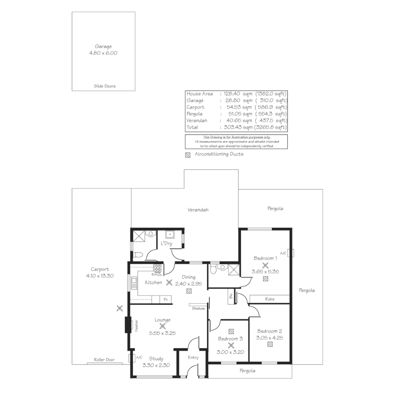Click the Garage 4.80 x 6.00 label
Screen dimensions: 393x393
click(x=103, y=50)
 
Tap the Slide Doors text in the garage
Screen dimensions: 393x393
click(x=104, y=86)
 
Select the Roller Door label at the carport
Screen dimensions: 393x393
click(x=104, y=360)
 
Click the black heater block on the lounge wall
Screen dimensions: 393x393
click(x=128, y=325)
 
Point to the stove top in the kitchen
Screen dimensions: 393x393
click(x=158, y=269)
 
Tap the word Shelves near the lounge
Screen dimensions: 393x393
click(x=198, y=309)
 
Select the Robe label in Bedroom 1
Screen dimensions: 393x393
click(x=270, y=299)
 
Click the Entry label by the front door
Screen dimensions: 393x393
click(x=193, y=358)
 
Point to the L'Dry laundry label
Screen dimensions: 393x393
click(x=166, y=243)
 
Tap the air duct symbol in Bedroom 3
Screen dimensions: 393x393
click(x=231, y=331)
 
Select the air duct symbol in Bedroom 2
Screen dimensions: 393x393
click(x=270, y=344)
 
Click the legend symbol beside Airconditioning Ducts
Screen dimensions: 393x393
click(x=188, y=155)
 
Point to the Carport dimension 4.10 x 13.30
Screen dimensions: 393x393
click(x=100, y=276)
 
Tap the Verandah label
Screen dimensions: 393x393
click(x=198, y=210)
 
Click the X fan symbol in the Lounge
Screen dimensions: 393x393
click(x=162, y=326)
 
